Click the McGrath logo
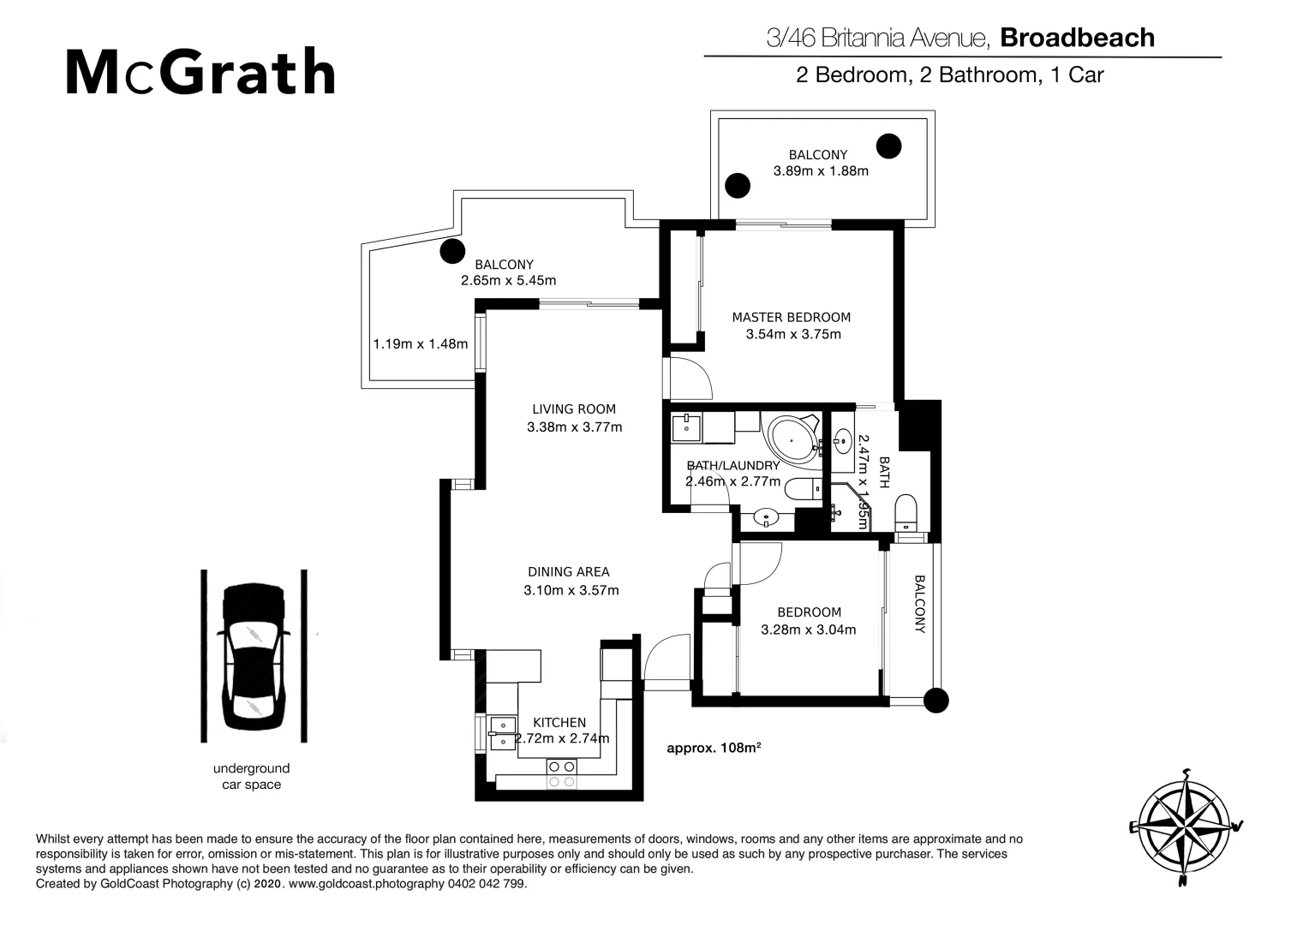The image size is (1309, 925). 200,73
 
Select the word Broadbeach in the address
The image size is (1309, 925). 1077,38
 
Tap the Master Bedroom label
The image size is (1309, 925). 791,317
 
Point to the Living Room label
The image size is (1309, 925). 573,409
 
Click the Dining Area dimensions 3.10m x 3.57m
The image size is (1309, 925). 571,590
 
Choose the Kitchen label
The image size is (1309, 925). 559,723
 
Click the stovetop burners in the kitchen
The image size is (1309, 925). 561,773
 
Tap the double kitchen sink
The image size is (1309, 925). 502,733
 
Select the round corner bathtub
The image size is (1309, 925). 792,439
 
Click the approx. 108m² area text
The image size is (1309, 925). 714,748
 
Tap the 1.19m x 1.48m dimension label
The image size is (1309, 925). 420,344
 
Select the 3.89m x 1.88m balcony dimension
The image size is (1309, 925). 821,170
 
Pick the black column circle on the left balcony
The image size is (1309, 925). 451,251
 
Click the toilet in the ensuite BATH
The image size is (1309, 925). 906,515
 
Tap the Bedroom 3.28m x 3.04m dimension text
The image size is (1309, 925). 808,630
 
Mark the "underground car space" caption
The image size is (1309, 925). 251,776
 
